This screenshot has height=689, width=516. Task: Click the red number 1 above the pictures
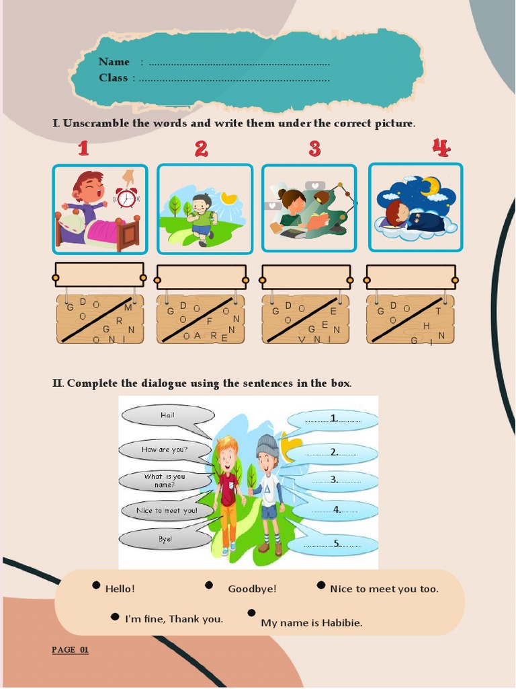(x=83, y=148)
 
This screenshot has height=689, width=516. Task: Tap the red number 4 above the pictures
(x=441, y=148)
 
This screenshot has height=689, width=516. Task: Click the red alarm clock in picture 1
(x=126, y=197)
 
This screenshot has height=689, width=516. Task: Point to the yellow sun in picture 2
(x=229, y=198)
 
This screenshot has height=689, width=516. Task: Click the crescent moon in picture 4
(x=430, y=186)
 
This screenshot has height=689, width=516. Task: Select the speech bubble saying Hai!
(x=167, y=416)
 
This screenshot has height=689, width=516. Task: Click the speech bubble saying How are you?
(x=165, y=449)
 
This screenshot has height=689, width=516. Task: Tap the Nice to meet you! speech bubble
(x=167, y=511)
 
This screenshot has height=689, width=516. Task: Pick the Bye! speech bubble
(x=166, y=539)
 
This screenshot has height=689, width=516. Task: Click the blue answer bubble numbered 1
(x=333, y=419)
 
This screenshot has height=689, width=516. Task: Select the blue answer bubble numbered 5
(x=334, y=544)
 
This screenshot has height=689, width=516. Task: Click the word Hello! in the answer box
(x=120, y=589)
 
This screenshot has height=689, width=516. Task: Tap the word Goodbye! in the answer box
(x=252, y=589)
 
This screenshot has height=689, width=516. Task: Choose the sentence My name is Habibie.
(x=311, y=623)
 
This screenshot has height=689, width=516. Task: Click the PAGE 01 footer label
(x=70, y=650)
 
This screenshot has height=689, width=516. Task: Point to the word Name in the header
(x=114, y=62)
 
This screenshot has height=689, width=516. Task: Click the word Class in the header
(x=113, y=78)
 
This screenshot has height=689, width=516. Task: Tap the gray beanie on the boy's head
(x=267, y=444)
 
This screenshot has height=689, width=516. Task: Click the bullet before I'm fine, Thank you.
(x=115, y=616)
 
